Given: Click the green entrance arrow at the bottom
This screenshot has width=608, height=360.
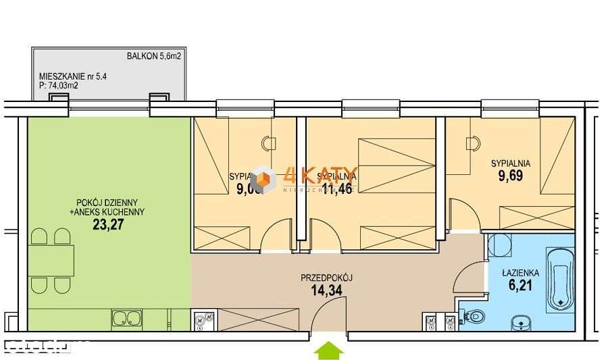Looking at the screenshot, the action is (x=330, y=350).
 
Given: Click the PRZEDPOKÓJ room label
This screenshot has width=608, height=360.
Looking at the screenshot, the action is (x=328, y=278).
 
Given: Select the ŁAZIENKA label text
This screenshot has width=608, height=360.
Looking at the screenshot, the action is (x=520, y=273).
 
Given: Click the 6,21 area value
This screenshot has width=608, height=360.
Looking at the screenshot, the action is (x=520, y=286).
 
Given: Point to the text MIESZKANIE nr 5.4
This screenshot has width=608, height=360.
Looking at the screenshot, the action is (x=73, y=76).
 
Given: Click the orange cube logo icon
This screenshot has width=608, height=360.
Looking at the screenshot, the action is (x=262, y=179).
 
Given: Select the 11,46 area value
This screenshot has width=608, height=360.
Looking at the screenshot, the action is (x=338, y=189).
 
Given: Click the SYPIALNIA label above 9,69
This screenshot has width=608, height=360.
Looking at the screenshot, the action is (x=510, y=163).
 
